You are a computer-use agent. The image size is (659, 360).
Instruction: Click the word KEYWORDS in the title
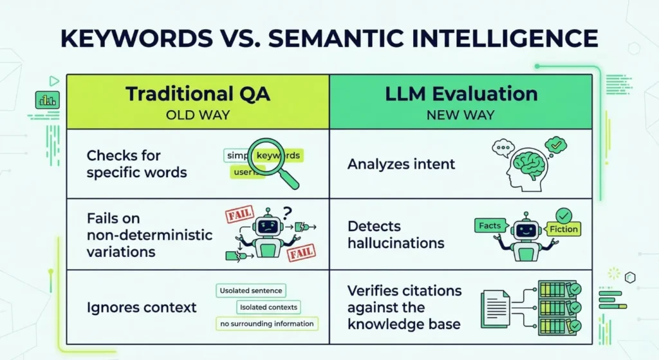(x=137, y=38)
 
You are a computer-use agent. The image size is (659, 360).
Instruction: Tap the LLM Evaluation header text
(x=461, y=93)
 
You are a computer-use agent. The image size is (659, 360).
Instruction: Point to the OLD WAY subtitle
(x=198, y=115)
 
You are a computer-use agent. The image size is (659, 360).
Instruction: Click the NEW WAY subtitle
(x=461, y=115)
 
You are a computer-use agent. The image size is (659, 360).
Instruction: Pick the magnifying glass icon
(x=272, y=162)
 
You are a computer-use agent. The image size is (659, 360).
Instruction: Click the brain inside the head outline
(x=530, y=160)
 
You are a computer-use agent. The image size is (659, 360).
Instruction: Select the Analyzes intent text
(x=401, y=164)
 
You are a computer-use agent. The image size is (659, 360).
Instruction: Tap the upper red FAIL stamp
(x=239, y=214)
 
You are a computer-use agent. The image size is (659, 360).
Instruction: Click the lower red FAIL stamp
(x=301, y=252)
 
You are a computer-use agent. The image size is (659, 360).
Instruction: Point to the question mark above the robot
(x=287, y=213)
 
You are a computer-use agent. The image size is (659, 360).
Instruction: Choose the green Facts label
(x=490, y=226)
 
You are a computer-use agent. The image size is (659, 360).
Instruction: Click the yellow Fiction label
(x=563, y=229)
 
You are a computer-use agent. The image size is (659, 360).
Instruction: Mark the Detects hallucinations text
(x=396, y=234)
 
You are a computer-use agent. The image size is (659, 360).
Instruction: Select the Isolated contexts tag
(x=268, y=307)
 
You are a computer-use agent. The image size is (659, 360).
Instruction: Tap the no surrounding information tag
(x=267, y=323)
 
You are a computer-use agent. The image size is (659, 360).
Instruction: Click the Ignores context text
(x=142, y=307)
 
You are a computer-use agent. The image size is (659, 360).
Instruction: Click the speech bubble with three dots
(x=503, y=148)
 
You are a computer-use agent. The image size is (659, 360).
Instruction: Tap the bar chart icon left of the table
(x=48, y=100)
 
